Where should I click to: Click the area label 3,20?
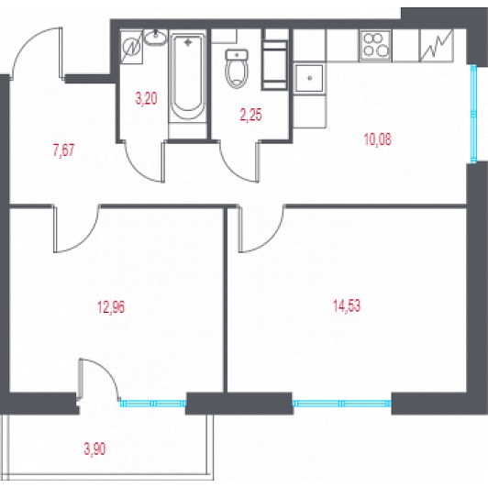pyautogui.click(x=146, y=98)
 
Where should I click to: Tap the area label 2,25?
pyautogui.click(x=250, y=116)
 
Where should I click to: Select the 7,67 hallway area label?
pyautogui.click(x=63, y=150)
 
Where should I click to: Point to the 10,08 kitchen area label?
pyautogui.click(x=377, y=139)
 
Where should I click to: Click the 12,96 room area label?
pyautogui.click(x=111, y=307)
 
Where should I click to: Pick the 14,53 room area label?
pyautogui.click(x=347, y=305)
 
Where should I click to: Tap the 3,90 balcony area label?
pyautogui.click(x=94, y=449)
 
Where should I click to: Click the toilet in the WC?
pyautogui.click(x=237, y=69)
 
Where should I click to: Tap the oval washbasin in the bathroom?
pyautogui.click(x=155, y=38)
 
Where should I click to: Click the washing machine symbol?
pyautogui.click(x=131, y=48)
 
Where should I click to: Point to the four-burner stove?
pyautogui.click(x=375, y=46)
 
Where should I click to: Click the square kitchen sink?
pyautogui.click(x=309, y=78)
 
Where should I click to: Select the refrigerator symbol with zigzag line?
pyautogui.click(x=436, y=46)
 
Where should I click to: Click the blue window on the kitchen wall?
pyautogui.click(x=473, y=114)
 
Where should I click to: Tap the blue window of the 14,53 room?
pyautogui.click(x=341, y=404)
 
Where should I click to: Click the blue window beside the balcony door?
pyautogui.click(x=153, y=404)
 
